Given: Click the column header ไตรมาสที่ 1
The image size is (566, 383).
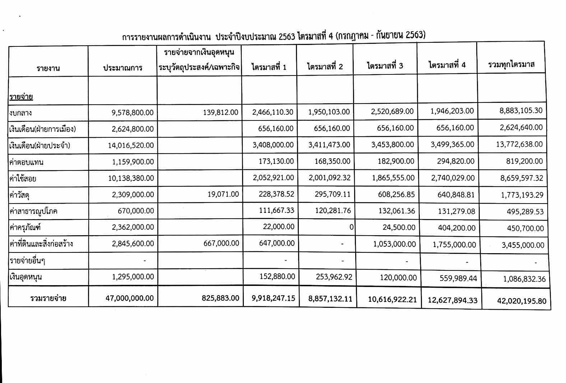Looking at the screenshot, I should click(269, 67).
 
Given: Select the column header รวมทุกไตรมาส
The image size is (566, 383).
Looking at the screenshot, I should click(511, 64).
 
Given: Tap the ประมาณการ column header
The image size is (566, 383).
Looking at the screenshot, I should click(122, 68).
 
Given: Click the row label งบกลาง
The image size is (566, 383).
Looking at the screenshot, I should click(21, 113).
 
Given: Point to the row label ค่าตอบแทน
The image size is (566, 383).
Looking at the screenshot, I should click(27, 162).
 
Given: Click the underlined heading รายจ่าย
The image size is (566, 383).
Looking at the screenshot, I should click(21, 97).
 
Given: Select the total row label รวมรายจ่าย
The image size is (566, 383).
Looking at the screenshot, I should click(48, 298).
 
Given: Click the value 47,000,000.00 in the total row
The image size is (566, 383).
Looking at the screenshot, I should click(130, 298).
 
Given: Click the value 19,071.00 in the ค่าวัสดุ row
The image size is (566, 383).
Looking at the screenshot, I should click(223, 194).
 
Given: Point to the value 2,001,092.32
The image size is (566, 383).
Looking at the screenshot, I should click(329, 178).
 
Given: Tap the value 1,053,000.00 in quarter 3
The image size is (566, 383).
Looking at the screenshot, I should click(394, 244).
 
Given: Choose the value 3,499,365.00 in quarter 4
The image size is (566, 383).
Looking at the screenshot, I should click(452, 144).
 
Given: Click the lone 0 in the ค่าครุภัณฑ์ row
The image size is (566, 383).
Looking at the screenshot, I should click(351, 227).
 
